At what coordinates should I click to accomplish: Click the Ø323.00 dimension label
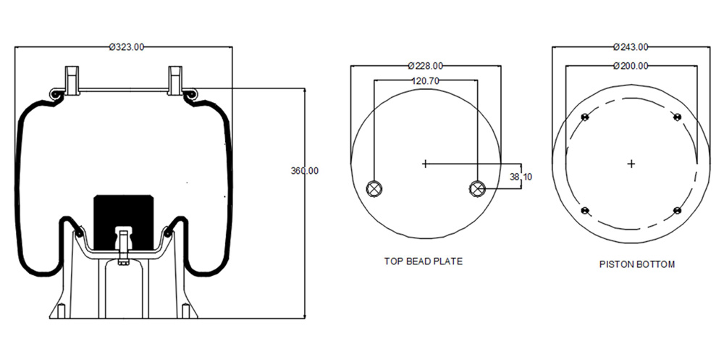click(127, 46)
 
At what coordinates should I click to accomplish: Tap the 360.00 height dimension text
click(304, 170)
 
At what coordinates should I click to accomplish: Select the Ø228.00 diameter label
click(426, 66)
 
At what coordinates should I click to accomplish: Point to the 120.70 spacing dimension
click(425, 81)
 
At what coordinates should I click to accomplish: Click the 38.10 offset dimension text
click(521, 176)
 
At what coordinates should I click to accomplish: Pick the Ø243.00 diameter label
click(631, 46)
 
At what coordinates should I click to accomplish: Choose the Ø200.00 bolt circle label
click(631, 66)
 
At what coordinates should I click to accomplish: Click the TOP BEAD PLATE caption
click(423, 261)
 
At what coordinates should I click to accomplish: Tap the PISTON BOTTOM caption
click(636, 264)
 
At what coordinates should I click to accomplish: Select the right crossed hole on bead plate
click(476, 188)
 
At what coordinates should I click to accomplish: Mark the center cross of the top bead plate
click(425, 164)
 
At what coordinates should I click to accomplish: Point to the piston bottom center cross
click(631, 164)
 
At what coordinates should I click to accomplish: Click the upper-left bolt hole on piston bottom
click(585, 117)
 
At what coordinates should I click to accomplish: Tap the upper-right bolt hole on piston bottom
click(678, 117)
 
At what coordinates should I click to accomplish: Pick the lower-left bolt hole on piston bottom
click(585, 211)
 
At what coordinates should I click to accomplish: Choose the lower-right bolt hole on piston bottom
click(678, 211)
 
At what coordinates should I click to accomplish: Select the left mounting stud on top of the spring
click(72, 80)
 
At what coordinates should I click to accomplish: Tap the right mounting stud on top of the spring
click(175, 80)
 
